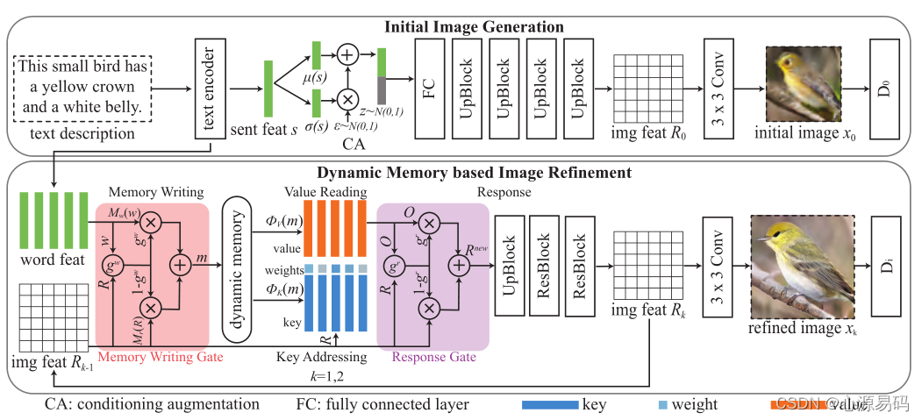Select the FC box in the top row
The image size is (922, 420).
(431, 88)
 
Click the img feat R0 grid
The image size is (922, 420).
(642, 88)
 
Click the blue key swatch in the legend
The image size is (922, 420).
(549, 405)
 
